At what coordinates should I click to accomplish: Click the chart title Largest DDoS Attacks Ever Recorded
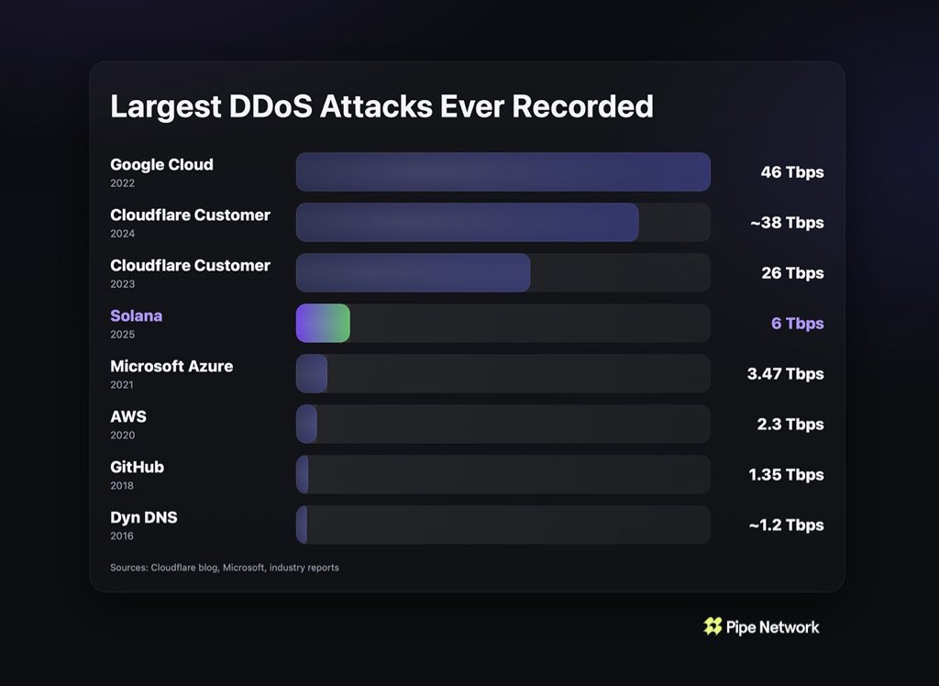pyautogui.click(x=381, y=106)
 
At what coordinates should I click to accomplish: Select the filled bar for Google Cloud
pyautogui.click(x=503, y=172)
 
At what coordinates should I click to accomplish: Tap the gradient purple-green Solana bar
pyautogui.click(x=322, y=324)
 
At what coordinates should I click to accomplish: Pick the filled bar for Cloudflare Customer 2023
pyautogui.click(x=413, y=273)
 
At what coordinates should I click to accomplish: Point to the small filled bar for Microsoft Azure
pyautogui.click(x=312, y=374)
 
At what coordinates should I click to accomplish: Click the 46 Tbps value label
pyautogui.click(x=791, y=172)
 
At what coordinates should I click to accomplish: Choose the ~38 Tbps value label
pyautogui.click(x=786, y=223)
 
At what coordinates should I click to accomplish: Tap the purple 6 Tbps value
pyautogui.click(x=797, y=324)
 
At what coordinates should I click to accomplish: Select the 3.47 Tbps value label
pyautogui.click(x=786, y=374)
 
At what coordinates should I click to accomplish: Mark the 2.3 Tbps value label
pyautogui.click(x=791, y=425)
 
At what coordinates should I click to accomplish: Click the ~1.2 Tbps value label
pyautogui.click(x=786, y=526)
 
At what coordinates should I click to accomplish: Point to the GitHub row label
pyautogui.click(x=137, y=467)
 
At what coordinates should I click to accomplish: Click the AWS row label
pyautogui.click(x=128, y=416)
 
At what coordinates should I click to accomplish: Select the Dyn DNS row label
pyautogui.click(x=144, y=517)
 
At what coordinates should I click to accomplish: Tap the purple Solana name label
pyautogui.click(x=136, y=315)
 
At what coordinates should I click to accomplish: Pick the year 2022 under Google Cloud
pyautogui.click(x=122, y=183)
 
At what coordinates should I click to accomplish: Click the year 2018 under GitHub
pyautogui.click(x=122, y=486)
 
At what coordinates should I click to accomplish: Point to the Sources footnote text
pyautogui.click(x=225, y=568)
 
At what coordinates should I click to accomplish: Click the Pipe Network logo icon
pyautogui.click(x=713, y=626)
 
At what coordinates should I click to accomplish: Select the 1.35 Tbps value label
pyautogui.click(x=786, y=475)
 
